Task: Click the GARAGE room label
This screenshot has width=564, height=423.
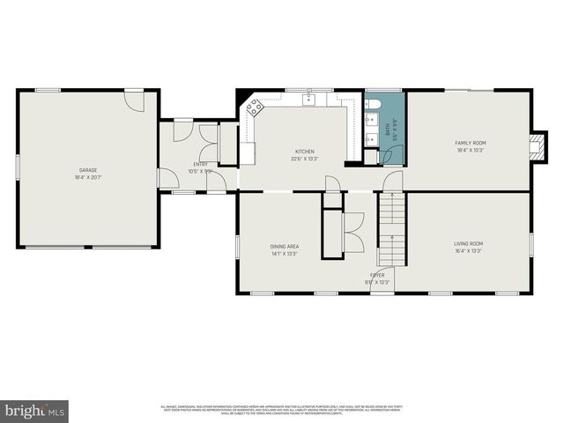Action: (88, 170)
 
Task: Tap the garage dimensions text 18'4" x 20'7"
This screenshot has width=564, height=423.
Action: (88, 178)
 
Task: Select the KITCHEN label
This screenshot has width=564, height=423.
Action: (304, 152)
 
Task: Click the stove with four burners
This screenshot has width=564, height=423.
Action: (254, 109)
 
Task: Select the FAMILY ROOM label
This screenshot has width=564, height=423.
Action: (470, 143)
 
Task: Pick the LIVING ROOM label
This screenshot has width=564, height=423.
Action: (468, 243)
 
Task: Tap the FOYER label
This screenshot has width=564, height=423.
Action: (376, 275)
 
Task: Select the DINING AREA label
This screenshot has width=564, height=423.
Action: (284, 246)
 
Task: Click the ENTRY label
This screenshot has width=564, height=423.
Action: (199, 165)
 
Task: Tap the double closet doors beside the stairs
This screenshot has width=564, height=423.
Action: (352, 234)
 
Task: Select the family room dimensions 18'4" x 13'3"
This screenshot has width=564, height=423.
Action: (470, 151)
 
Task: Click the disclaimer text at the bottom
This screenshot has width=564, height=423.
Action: (282, 409)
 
